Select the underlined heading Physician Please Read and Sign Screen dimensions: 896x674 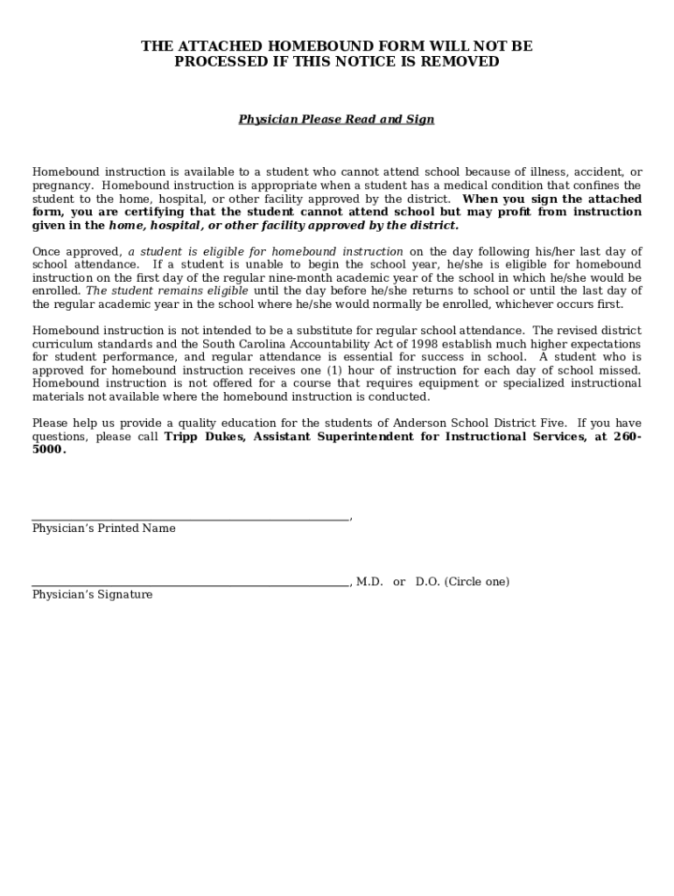[336, 119]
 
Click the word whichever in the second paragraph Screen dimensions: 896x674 [536, 304]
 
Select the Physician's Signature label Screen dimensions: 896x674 [92, 595]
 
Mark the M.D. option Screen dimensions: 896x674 [369, 582]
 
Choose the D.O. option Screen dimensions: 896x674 [428, 582]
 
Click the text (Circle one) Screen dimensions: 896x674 [477, 582]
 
